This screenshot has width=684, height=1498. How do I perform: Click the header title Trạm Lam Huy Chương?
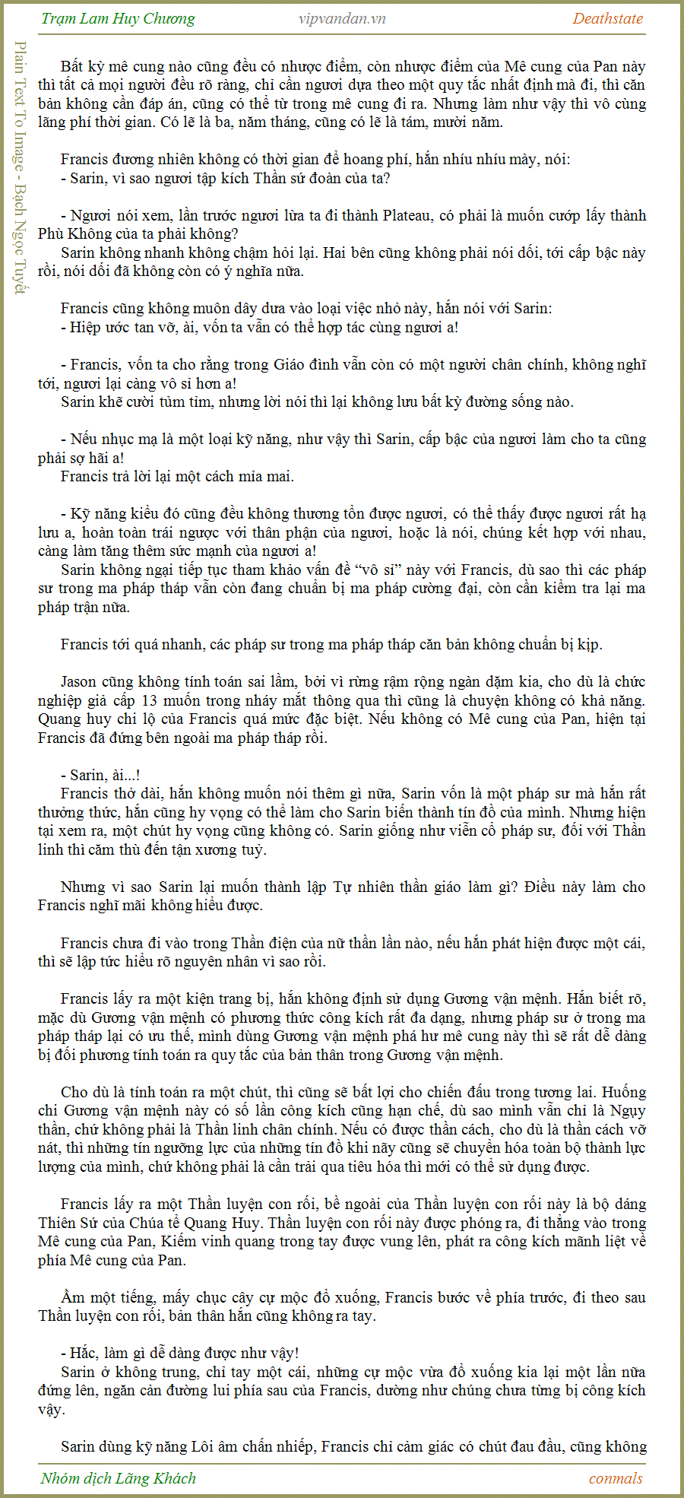pos(118,19)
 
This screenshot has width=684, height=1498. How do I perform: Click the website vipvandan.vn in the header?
pos(342,19)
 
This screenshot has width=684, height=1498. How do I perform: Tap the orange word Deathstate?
pos(607,19)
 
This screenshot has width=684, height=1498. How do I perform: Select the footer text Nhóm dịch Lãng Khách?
pos(118,1478)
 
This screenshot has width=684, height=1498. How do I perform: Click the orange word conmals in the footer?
pos(616,1478)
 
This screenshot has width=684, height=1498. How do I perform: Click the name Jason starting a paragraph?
pos(78,682)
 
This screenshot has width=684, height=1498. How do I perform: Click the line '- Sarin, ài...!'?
pos(100,776)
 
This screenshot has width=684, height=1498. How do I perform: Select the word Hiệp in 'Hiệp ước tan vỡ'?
pos(85,328)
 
